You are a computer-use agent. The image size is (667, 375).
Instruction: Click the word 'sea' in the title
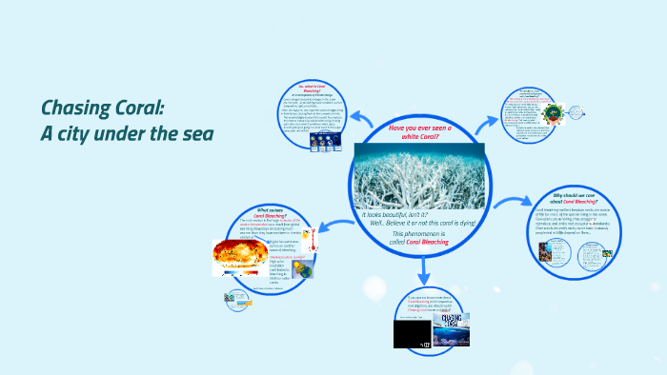192,132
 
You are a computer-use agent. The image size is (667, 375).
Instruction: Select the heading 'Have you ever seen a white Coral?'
420,132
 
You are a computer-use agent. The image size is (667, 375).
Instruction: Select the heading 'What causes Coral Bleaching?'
269,213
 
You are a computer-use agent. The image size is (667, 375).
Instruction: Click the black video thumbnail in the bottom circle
411,333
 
